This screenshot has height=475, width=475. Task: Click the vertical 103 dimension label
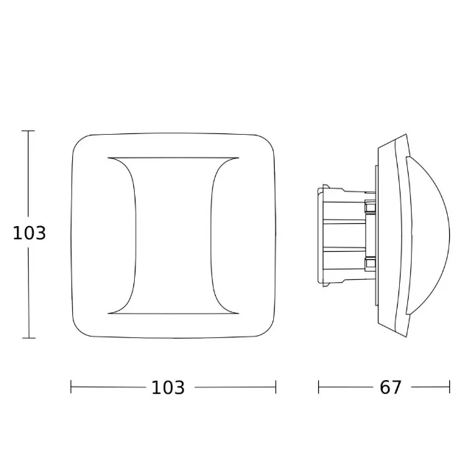[29, 233]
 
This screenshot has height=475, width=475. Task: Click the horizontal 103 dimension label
[168, 387]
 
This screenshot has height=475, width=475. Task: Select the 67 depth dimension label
[390, 387]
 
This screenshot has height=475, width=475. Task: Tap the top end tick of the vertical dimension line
[29, 131]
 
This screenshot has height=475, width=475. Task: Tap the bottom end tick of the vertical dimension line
[29, 338]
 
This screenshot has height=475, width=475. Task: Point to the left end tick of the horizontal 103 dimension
[71, 387]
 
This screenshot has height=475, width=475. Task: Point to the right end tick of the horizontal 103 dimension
[275, 387]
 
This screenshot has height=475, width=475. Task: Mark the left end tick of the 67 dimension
[318, 387]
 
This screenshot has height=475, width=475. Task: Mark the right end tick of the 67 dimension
[449, 387]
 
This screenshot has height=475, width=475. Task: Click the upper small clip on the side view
[370, 207]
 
